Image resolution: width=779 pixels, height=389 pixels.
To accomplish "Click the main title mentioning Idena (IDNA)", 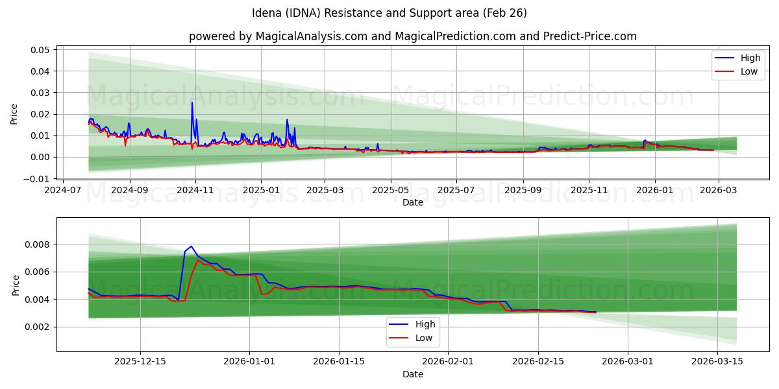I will coord(389,13).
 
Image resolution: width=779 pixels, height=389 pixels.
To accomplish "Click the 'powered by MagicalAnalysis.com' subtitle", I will coord(412,36).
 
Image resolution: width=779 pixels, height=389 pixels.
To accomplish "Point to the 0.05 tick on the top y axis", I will coord(41,50).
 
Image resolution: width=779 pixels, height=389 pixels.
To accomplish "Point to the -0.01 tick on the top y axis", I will coord(38,178).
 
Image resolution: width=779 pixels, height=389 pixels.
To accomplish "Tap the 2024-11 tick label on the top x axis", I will coord(195,191).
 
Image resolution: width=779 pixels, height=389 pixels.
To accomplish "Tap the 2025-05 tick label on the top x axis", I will coord(391,191).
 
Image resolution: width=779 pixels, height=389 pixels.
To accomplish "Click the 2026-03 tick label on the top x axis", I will coord(717,191).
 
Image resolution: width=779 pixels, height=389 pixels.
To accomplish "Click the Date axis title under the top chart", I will coord(412,202).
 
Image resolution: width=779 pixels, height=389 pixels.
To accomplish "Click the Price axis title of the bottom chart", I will coord(16,285).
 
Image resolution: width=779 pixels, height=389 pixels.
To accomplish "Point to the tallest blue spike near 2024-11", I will coord(192,102).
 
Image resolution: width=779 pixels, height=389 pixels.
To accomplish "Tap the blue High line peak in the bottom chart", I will coord(191,246).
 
